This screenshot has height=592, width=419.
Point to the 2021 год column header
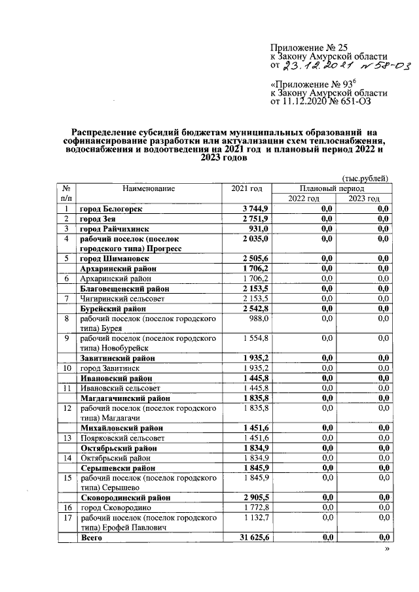coord(247,188)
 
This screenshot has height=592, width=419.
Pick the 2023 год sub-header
coord(364,199)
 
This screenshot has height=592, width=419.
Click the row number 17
coord(66,517)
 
